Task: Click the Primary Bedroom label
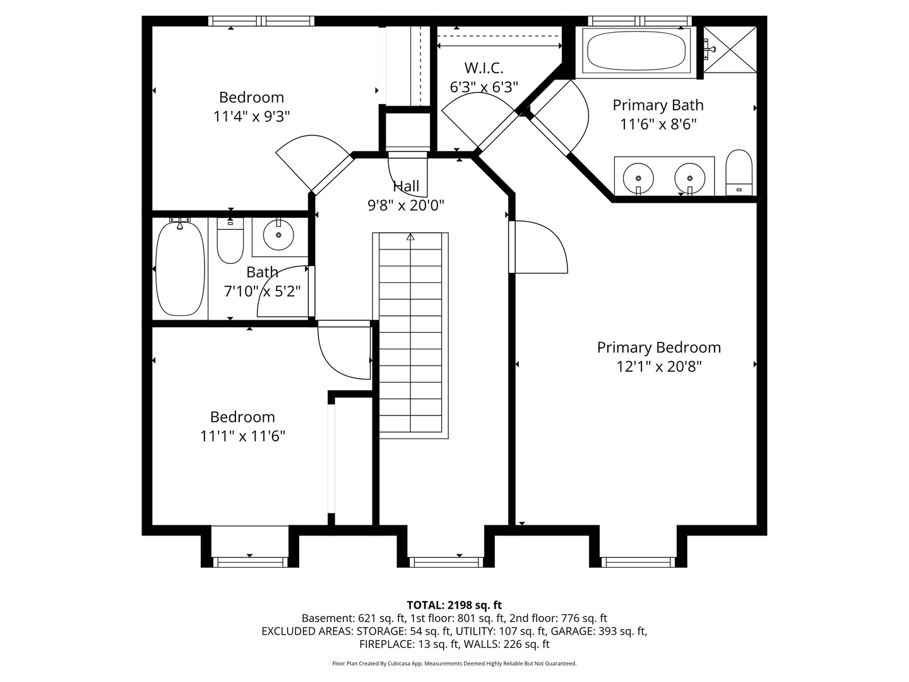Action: click(658, 347)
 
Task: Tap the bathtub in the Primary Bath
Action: click(636, 51)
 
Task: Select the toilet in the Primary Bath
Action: click(739, 172)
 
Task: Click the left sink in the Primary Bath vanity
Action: click(638, 179)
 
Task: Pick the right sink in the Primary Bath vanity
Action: click(689, 179)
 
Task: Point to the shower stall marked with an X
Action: click(730, 50)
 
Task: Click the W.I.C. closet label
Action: click(484, 68)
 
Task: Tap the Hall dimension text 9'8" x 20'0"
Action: click(406, 205)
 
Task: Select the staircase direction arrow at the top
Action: click(410, 237)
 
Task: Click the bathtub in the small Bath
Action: click(180, 269)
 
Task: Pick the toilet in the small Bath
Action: click(230, 241)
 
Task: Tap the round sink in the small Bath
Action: click(278, 235)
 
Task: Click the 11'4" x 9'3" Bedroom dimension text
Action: click(251, 117)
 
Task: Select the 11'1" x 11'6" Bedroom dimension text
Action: click(242, 436)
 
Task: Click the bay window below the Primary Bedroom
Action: click(638, 562)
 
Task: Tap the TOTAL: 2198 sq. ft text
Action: click(454, 605)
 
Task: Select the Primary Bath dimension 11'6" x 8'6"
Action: click(658, 124)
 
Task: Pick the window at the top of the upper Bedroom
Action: click(261, 21)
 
